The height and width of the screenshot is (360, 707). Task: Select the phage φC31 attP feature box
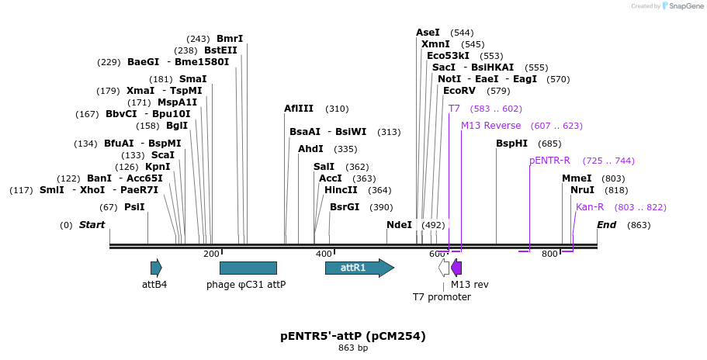(x=248, y=268)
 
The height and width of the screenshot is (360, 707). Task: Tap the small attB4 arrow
(x=156, y=268)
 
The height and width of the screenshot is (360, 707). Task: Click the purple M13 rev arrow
(x=456, y=268)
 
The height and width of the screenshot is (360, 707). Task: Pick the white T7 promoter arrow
(x=444, y=268)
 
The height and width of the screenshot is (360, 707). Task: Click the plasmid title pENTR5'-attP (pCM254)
(x=353, y=336)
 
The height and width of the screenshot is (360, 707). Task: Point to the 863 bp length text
(x=353, y=348)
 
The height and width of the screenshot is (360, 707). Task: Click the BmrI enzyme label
(x=230, y=39)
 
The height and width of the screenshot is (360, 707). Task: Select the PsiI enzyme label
(x=134, y=207)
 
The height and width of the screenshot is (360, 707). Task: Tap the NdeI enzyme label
(x=399, y=225)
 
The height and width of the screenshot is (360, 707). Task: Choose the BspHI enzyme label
(x=511, y=144)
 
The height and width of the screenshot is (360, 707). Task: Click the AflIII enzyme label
(x=299, y=109)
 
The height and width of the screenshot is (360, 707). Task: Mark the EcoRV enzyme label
(x=459, y=91)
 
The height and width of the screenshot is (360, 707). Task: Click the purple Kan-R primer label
(x=590, y=207)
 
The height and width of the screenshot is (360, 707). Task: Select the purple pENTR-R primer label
(x=549, y=161)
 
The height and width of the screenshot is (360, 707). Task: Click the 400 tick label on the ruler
(x=323, y=254)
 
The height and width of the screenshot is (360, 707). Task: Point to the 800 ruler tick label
(x=549, y=254)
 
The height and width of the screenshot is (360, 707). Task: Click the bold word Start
(x=92, y=225)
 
